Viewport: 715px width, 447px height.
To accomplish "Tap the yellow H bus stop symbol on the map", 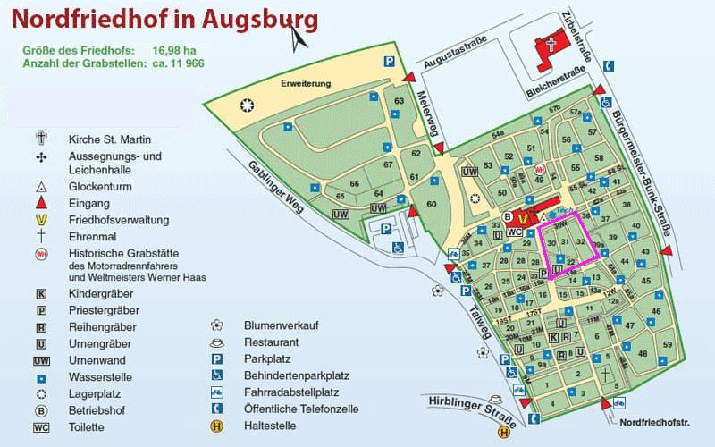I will pos(504,433).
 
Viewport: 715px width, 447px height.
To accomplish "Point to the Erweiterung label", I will pos(306,83).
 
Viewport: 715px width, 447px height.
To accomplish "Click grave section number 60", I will pos(433,204).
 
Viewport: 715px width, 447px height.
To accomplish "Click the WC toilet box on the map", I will pos(514,231).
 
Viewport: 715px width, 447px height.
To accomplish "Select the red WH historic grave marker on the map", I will pos(539,168).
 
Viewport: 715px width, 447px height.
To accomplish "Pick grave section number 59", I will pos(667,344).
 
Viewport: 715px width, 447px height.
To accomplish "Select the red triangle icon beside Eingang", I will pos(40,204).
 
